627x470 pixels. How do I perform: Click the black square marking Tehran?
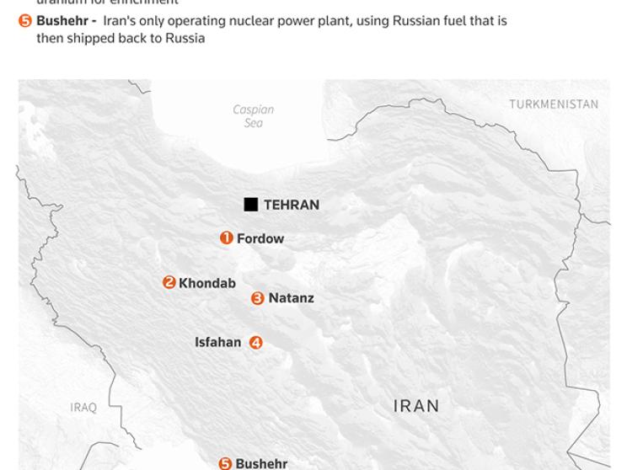[x=250, y=205]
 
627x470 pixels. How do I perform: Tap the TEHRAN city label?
[x=291, y=205]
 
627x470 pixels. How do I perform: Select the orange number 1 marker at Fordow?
[x=226, y=238]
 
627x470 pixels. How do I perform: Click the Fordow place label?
[x=260, y=239]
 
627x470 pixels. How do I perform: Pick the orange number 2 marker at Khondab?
[x=169, y=283]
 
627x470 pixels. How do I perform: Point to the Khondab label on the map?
[x=207, y=284]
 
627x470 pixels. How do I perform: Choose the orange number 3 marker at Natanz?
[x=258, y=298]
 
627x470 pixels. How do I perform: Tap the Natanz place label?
[x=291, y=298]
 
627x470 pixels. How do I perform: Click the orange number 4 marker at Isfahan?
[x=256, y=343]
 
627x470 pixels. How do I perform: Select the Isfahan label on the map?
[x=218, y=343]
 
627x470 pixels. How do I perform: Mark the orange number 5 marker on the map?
[x=225, y=463]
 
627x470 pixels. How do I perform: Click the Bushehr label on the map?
[x=261, y=464]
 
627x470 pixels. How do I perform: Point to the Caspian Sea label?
[x=253, y=116]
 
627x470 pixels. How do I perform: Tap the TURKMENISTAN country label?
[x=554, y=104]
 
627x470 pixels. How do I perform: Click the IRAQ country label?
[x=83, y=408]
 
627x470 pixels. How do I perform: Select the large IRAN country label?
[x=416, y=406]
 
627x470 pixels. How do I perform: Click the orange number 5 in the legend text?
[x=25, y=21]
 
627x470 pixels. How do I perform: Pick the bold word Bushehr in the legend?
[x=62, y=21]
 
